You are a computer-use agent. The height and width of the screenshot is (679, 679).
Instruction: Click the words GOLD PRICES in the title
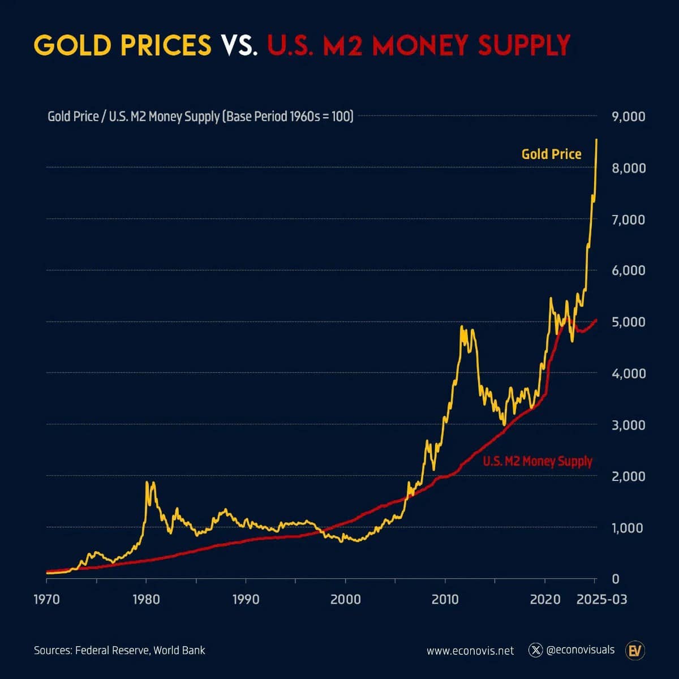click(122, 45)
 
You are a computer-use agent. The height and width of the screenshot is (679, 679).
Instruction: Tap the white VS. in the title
click(239, 45)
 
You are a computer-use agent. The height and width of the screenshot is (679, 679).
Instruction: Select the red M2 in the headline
click(342, 45)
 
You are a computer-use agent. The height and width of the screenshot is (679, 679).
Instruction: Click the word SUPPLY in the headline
click(524, 45)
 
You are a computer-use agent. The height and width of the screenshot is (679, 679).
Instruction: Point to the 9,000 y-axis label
click(629, 117)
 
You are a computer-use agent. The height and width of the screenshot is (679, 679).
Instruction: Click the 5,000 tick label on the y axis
click(629, 322)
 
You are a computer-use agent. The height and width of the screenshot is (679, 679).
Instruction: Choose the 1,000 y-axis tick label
click(629, 528)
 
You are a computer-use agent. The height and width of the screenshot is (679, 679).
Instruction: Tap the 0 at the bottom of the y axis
click(616, 579)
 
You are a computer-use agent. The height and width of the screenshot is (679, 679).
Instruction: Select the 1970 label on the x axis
click(46, 599)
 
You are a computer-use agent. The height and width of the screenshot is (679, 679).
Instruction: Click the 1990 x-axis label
click(246, 599)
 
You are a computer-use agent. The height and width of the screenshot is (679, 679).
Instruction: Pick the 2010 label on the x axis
click(445, 599)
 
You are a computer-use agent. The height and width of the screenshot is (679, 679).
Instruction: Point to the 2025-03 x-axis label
click(602, 599)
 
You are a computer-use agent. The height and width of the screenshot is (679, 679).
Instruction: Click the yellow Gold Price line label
click(552, 154)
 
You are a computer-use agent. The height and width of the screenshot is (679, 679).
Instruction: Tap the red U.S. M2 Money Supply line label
click(538, 461)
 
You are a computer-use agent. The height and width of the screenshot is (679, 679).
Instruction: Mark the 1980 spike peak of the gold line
click(147, 482)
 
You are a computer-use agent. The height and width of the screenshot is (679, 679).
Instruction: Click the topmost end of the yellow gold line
click(596, 140)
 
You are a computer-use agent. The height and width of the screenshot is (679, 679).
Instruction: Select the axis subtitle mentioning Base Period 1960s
click(200, 117)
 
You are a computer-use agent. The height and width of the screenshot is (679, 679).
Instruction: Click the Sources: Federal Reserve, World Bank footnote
click(119, 650)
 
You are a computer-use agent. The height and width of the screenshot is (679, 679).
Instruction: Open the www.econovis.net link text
click(470, 651)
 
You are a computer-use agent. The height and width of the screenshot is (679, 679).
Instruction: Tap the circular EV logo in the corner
click(635, 651)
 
